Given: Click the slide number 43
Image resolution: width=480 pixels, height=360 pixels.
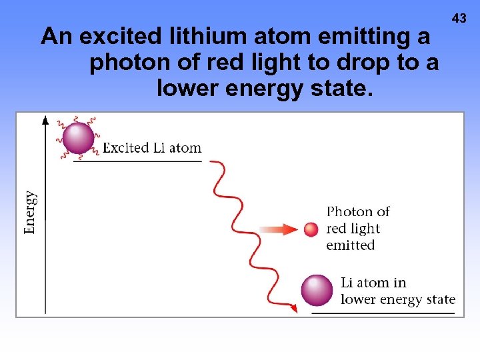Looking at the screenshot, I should point(459,19).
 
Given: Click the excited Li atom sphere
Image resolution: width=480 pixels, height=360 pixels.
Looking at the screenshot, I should point(78,139).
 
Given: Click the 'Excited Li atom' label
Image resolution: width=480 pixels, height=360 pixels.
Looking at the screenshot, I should point(152,148).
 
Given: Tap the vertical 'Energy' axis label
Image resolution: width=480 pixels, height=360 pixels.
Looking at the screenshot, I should point(30,213).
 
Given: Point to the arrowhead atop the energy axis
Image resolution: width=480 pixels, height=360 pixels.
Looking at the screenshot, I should point(45,120).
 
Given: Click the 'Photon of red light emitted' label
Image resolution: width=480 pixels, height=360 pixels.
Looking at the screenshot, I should point(357,229).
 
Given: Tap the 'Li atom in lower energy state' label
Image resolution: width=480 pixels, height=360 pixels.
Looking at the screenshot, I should point(397,291).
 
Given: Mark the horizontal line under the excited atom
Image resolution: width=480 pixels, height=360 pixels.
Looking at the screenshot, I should point(137,161).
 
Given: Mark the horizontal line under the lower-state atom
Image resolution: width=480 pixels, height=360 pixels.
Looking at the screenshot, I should point(384,311).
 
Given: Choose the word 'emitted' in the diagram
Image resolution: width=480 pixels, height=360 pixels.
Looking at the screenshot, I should point(351,245).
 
